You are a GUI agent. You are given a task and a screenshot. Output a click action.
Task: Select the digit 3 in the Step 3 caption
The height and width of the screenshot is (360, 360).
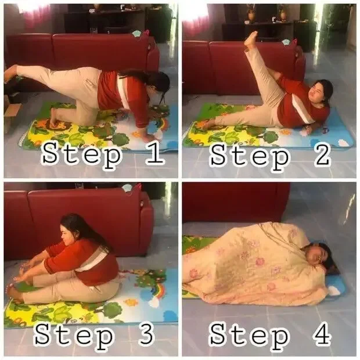pos(145,334)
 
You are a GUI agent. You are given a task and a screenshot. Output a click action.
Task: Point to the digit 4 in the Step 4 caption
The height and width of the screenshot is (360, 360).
pos(322,334)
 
